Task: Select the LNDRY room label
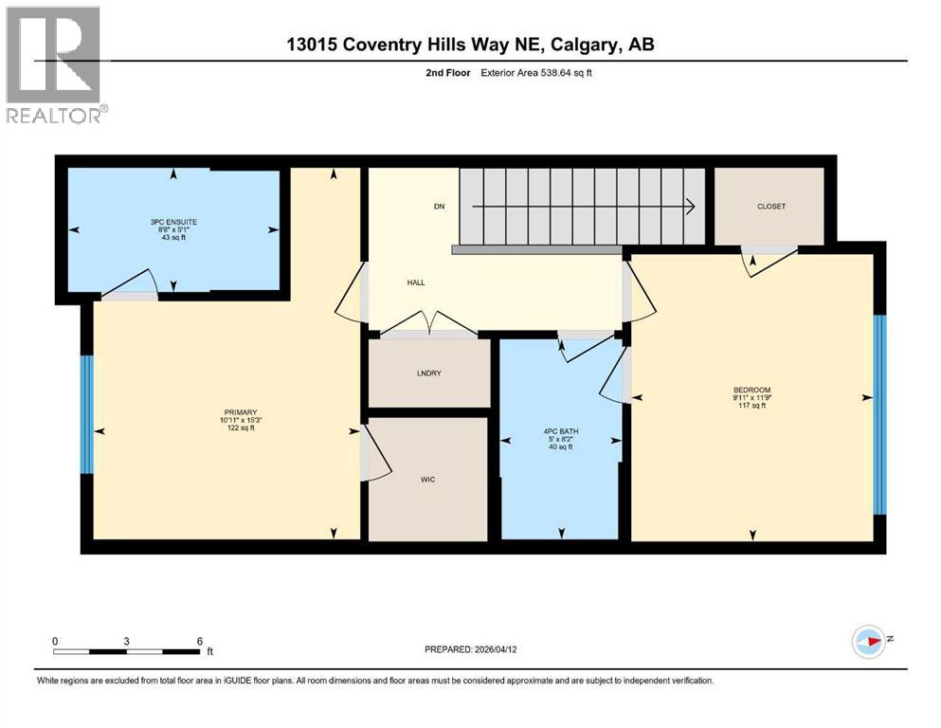[428, 373]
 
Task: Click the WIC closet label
[427, 480]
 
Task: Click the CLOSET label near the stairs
[771, 207]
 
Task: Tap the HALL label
[415, 282]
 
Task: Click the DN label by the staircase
[439, 207]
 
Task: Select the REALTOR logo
[55, 65]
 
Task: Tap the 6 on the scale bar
[199, 641]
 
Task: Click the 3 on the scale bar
[126, 641]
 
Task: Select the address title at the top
[471, 45]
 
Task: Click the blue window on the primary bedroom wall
[86, 414]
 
